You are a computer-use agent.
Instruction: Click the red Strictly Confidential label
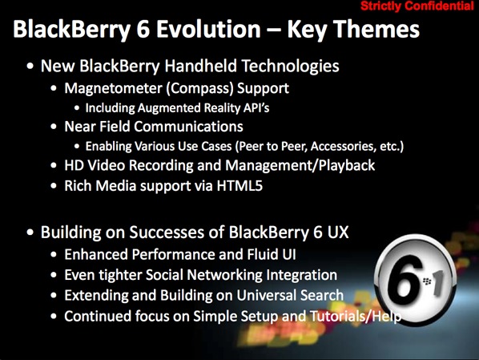(x=417, y=6)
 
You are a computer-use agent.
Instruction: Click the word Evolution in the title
(x=208, y=29)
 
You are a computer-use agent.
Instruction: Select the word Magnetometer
(x=113, y=89)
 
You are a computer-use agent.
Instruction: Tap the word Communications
(x=188, y=127)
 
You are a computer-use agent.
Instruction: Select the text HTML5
(x=239, y=186)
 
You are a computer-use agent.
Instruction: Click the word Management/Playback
(x=300, y=166)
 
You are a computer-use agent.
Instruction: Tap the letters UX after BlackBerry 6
(x=338, y=233)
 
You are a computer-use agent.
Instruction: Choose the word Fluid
(x=260, y=254)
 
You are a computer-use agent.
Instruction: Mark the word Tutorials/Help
(x=356, y=316)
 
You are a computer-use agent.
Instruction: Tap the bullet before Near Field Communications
(x=54, y=127)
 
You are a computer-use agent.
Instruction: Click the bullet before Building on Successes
(x=30, y=233)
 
